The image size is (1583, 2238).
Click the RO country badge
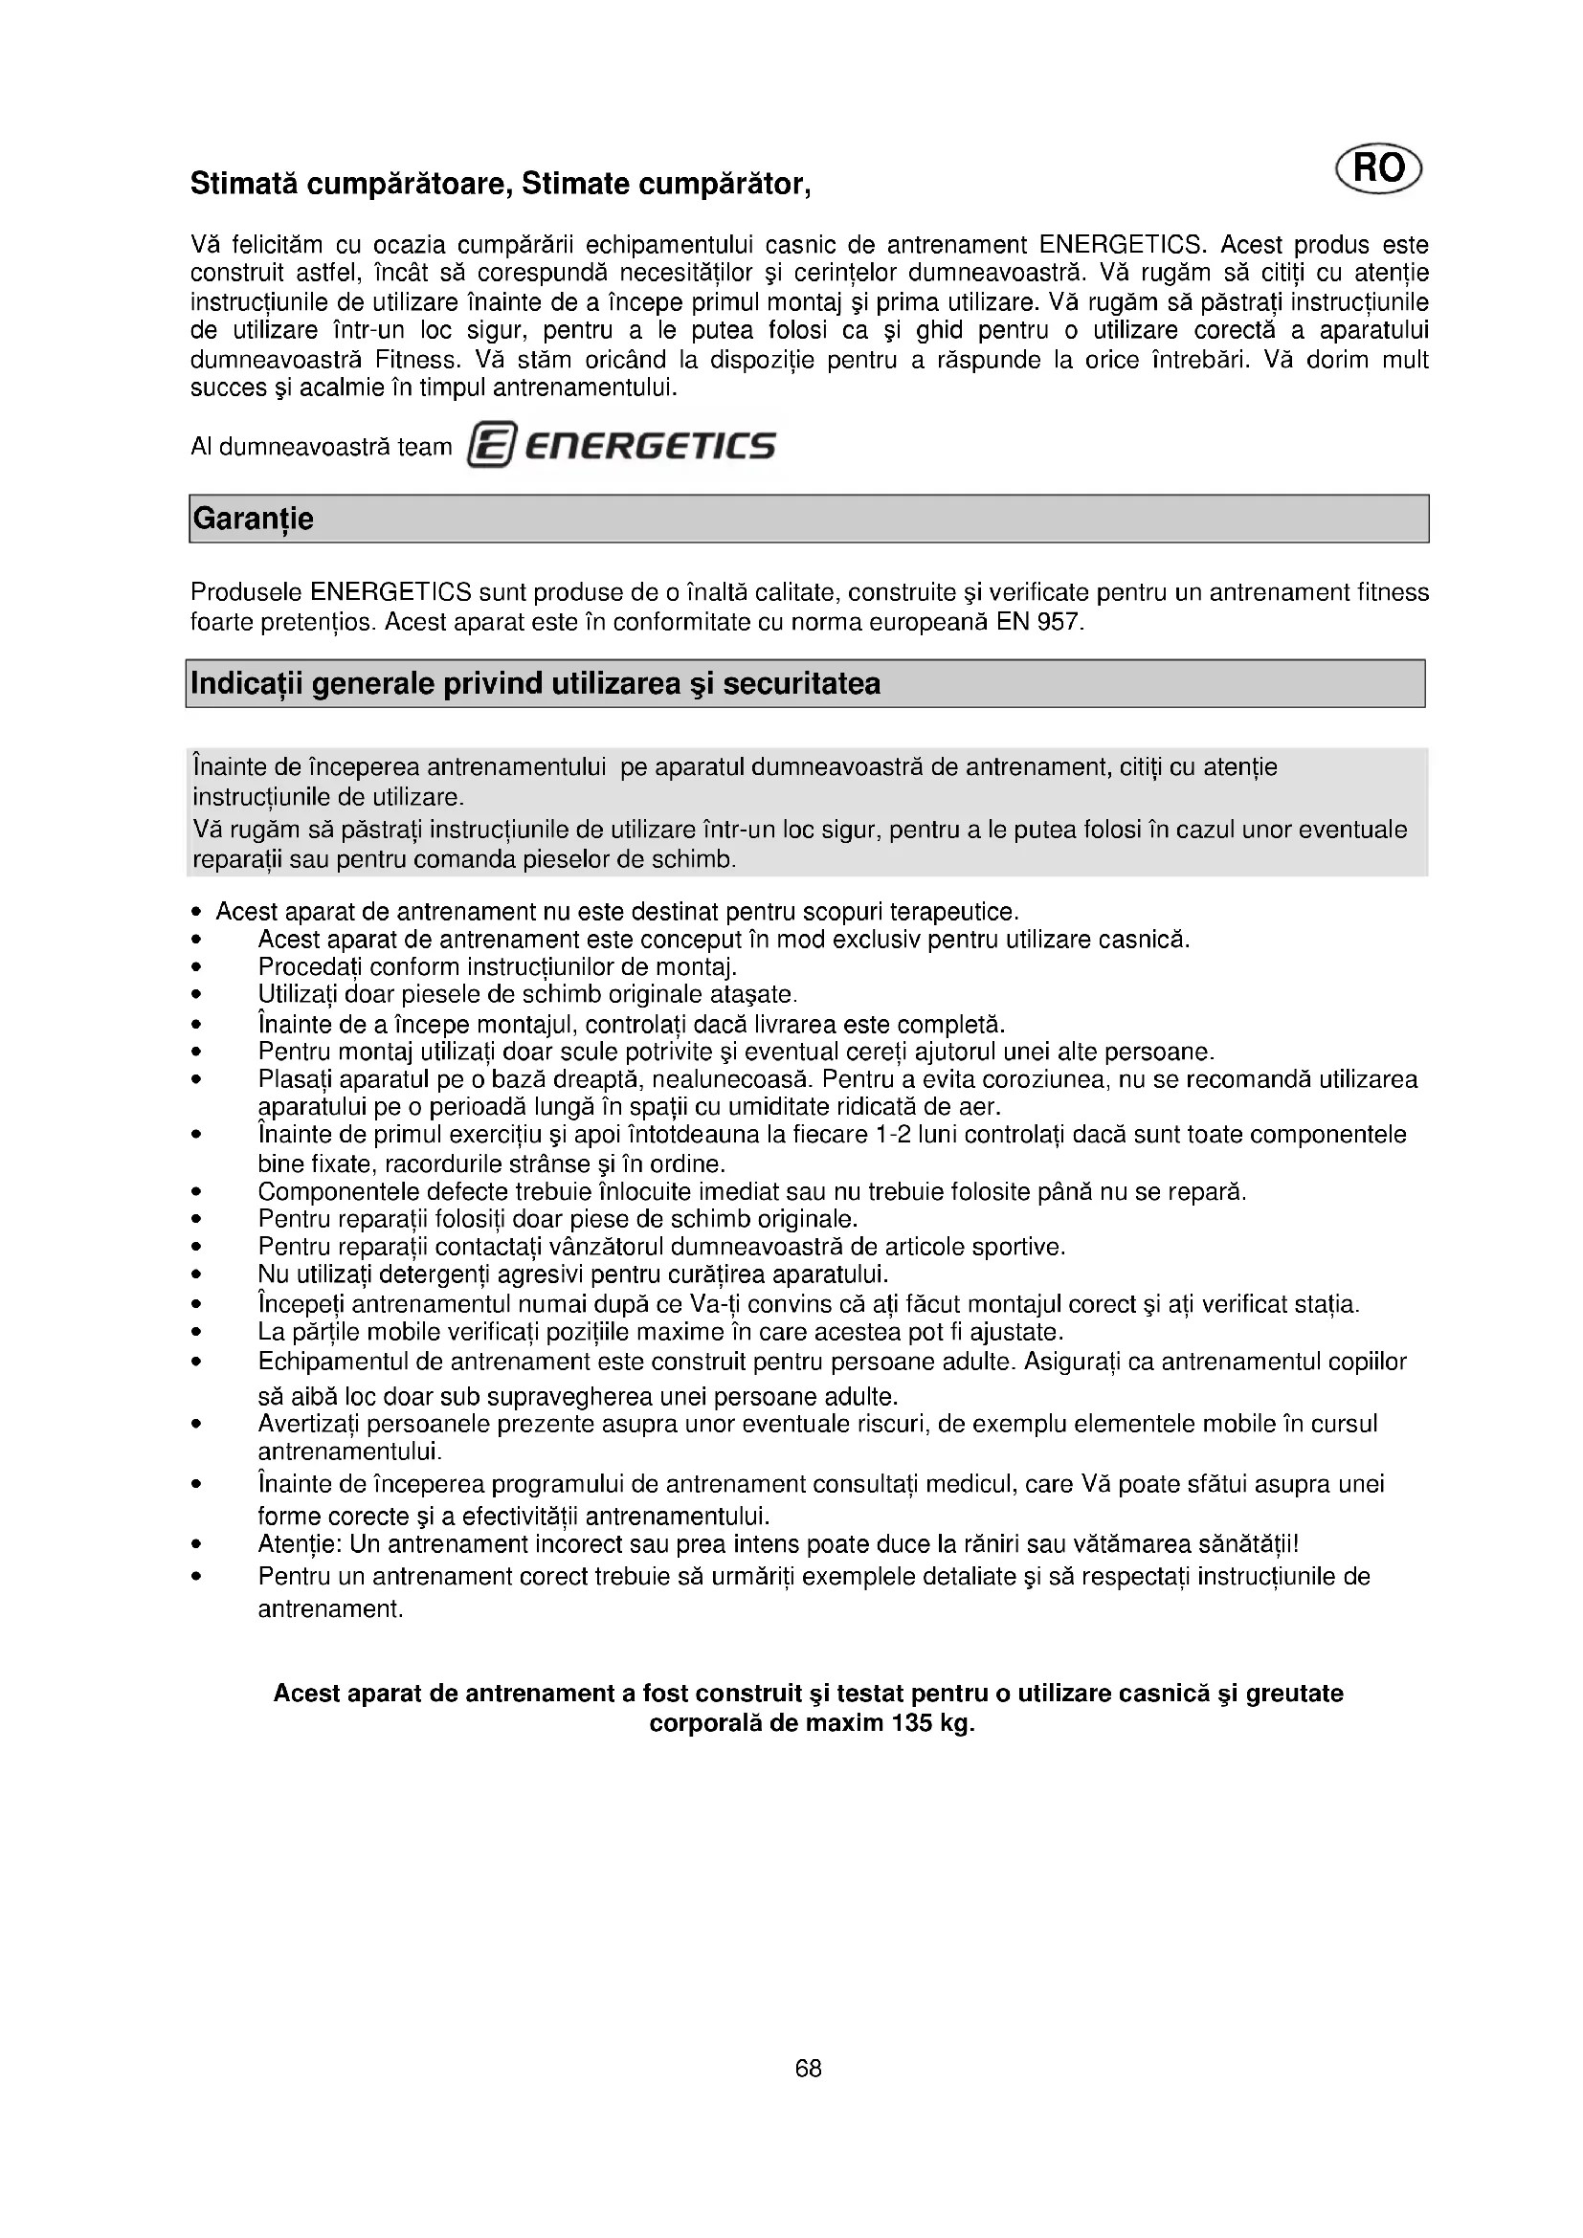click(1378, 169)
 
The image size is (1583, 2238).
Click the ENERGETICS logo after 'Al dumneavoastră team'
click(622, 447)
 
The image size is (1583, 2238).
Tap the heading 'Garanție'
click(254, 520)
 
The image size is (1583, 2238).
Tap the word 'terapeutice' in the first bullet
click(957, 913)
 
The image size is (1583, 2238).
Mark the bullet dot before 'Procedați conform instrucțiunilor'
click(196, 968)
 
